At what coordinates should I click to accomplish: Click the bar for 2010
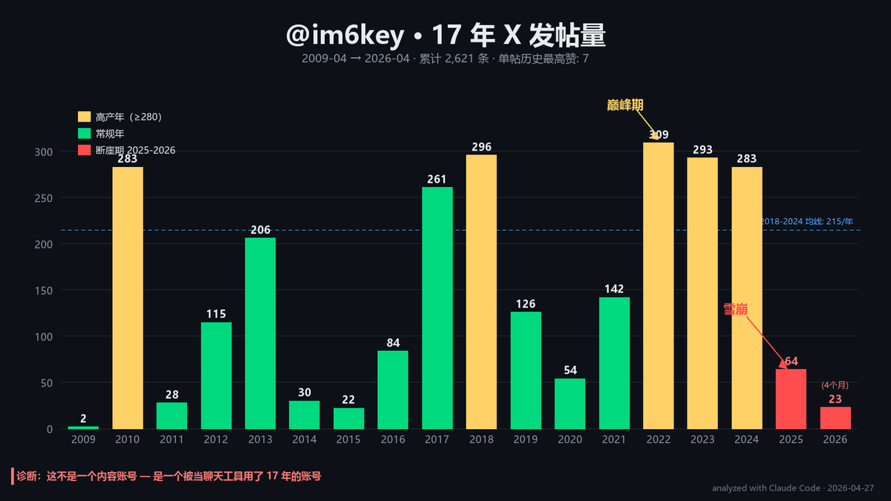click(x=128, y=298)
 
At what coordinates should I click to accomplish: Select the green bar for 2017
click(x=437, y=308)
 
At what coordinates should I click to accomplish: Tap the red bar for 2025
click(x=791, y=399)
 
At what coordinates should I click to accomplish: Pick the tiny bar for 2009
click(x=83, y=428)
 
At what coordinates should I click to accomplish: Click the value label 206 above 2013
click(x=261, y=230)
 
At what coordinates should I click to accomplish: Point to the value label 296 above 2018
click(x=481, y=147)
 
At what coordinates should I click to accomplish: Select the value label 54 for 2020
click(x=569, y=370)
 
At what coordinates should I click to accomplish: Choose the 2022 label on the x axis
click(x=658, y=439)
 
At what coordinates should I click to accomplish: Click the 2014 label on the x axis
click(x=304, y=439)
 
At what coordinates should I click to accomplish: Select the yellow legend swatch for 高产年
click(x=84, y=117)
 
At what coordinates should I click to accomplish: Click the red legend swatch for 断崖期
click(x=84, y=150)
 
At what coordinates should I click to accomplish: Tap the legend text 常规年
click(x=110, y=134)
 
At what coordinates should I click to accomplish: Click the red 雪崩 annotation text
click(x=736, y=309)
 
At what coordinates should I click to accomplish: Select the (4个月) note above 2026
click(x=835, y=385)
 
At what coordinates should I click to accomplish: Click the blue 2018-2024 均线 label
click(x=807, y=221)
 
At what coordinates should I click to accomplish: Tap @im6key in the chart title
click(x=345, y=36)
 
